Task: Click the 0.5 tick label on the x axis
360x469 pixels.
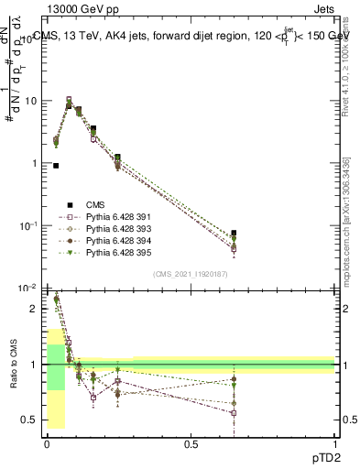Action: pos(191,442)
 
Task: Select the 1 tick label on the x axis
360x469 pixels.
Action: pos(335,442)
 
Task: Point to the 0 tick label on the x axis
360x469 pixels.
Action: pos(47,442)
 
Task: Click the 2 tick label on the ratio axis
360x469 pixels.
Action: pos(34,309)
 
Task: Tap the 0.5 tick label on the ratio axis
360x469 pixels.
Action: pos(30,420)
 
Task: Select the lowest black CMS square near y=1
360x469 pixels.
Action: pos(56,166)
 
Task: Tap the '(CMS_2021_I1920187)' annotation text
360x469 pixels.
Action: pos(190,274)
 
